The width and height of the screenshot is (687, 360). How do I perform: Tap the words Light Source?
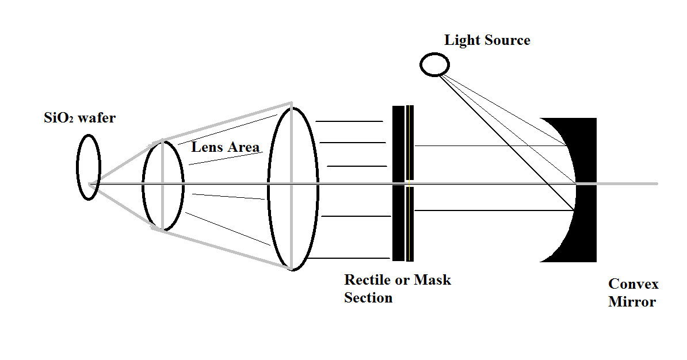pyautogui.click(x=487, y=40)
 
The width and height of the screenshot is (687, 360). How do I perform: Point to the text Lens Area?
pyautogui.click(x=226, y=147)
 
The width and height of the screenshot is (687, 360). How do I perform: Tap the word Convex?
pyautogui.click(x=633, y=284)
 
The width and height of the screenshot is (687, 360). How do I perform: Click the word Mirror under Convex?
pyautogui.click(x=632, y=302)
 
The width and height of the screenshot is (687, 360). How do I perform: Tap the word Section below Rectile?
pyautogui.click(x=368, y=298)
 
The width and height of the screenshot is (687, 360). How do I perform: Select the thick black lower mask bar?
pyautogui.click(x=398, y=224)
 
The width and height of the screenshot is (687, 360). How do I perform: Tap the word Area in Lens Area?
pyautogui.click(x=244, y=147)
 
